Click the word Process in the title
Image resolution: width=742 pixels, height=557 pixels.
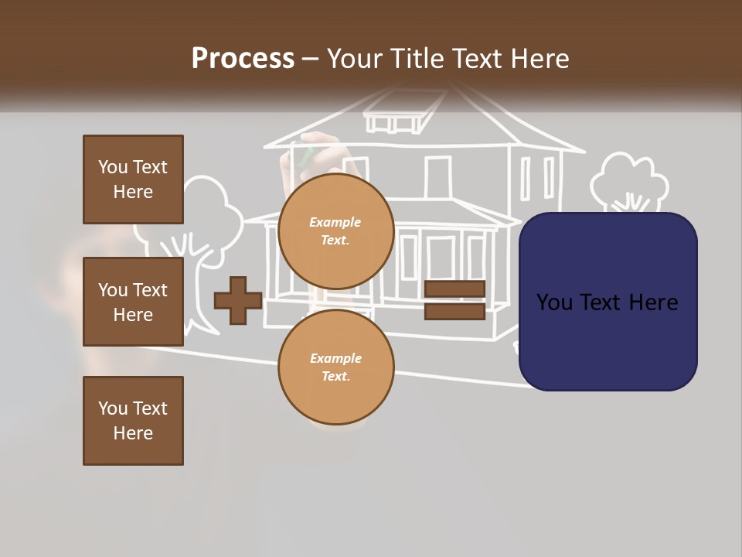coord(243,59)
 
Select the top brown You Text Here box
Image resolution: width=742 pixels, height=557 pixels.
coord(133,179)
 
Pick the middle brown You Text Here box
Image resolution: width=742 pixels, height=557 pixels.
coord(133,302)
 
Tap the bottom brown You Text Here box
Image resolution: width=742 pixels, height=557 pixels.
coord(133,421)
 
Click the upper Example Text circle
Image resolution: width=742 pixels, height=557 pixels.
coord(335,231)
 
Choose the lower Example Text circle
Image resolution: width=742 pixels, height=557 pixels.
coord(335,367)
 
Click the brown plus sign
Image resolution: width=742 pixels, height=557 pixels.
coord(237,300)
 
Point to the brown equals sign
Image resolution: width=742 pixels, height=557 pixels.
coord(454,300)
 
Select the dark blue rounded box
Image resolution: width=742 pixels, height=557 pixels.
coord(608,302)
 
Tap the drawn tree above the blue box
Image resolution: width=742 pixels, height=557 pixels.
coord(629,183)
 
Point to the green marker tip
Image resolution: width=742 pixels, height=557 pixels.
coord(307,155)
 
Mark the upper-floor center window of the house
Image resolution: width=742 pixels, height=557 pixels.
coord(437,177)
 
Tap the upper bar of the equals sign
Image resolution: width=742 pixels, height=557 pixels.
coord(454,289)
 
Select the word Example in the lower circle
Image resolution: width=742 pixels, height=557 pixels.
coord(335,358)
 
